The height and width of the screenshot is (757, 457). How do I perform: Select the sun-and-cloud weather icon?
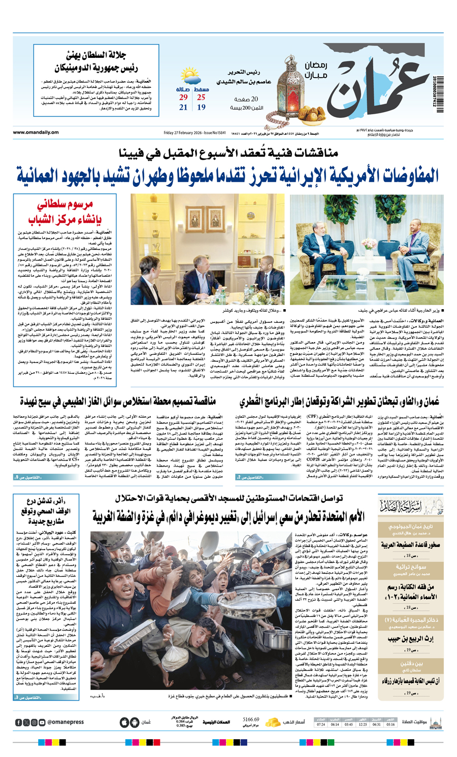tap(191, 80)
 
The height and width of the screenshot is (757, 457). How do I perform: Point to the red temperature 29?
tap(183, 97)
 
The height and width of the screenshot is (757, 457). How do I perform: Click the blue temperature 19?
tap(201, 108)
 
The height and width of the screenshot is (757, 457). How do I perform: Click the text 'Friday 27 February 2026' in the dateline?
tap(184, 133)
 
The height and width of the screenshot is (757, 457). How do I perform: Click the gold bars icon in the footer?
tap(274, 722)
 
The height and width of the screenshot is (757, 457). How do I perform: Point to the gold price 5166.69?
tap(251, 719)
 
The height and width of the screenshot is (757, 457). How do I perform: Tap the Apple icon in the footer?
tap(124, 722)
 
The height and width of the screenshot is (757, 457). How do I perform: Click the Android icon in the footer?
tap(135, 722)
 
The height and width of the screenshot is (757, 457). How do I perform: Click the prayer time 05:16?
tap(390, 725)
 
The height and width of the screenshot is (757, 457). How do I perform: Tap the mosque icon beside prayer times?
tap(436, 722)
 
